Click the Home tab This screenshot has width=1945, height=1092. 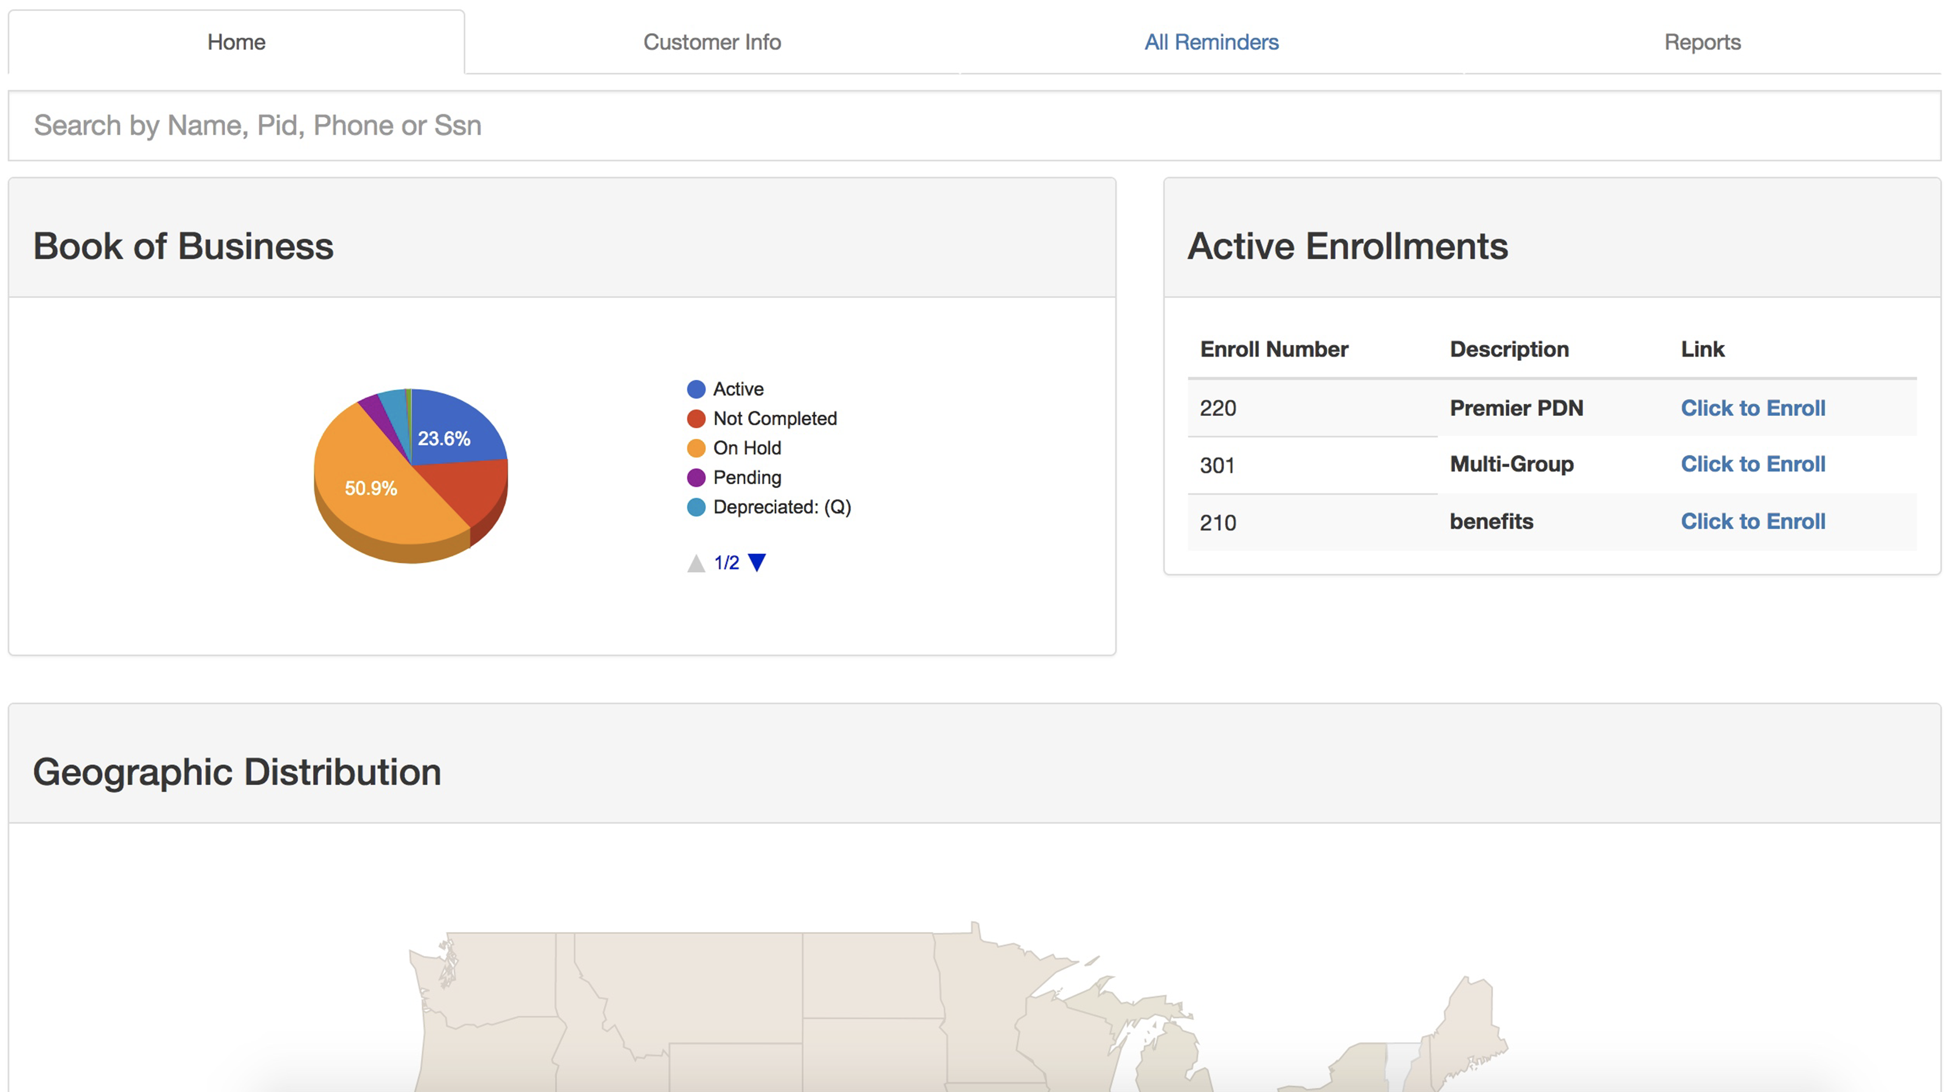tap(236, 42)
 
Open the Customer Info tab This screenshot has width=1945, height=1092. tap(712, 42)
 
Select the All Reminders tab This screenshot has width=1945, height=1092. tap(1211, 42)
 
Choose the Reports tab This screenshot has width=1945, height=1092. tap(1702, 42)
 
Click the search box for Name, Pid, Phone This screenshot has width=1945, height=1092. tap(974, 125)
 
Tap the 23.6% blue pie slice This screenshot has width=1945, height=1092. tap(453, 431)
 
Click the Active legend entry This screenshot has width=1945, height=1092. tap(738, 389)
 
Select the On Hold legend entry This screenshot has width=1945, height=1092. tap(746, 448)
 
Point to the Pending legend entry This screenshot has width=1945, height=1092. tap(746, 477)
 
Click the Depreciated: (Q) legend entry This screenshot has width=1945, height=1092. tap(781, 507)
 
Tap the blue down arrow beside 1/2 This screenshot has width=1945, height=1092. tap(756, 563)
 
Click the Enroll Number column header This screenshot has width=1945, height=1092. tap(1274, 349)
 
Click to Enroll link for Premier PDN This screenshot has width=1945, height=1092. tap(1752, 408)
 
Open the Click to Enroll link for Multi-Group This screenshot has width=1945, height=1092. tap(1752, 464)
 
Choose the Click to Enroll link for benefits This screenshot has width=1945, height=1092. tap(1752, 521)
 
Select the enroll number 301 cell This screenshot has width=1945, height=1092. tap(1217, 465)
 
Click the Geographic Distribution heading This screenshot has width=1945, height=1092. tap(237, 772)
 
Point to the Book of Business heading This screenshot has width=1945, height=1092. tap(183, 246)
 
